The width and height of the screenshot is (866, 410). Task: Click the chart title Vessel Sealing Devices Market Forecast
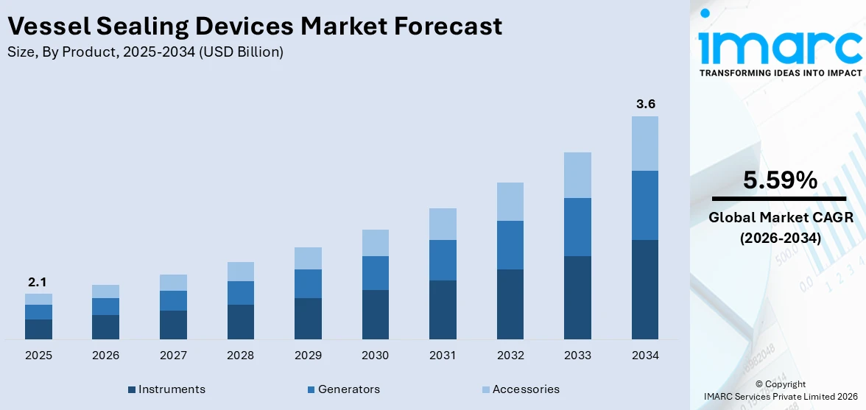pos(254,26)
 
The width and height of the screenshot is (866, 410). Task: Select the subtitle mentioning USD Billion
pos(145,52)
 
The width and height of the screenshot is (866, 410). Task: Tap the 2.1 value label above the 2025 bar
pos(38,282)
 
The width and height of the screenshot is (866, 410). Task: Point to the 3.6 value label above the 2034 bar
pos(645,104)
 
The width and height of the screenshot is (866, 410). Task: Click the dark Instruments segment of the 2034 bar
pos(645,289)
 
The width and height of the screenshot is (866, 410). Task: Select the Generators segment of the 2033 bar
pos(577,227)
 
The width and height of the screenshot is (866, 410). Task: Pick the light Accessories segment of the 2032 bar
pos(510,202)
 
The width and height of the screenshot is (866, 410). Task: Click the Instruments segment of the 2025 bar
pos(38,329)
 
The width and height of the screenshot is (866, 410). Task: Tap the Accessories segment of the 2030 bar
pos(375,243)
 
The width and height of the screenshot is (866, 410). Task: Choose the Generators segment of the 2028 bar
pos(241,293)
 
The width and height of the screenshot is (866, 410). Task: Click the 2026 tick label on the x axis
pos(106,356)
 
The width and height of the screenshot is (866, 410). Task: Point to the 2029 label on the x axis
pos(308,356)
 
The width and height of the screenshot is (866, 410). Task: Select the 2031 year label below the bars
pos(443,356)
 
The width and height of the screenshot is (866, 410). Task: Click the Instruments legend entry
pos(166,389)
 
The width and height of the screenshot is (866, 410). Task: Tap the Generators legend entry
pos(342,389)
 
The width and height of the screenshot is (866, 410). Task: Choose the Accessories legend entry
pos(520,389)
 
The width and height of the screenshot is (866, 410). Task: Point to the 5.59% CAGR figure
pos(780,180)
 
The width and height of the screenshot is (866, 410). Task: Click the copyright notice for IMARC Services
pos(780,390)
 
